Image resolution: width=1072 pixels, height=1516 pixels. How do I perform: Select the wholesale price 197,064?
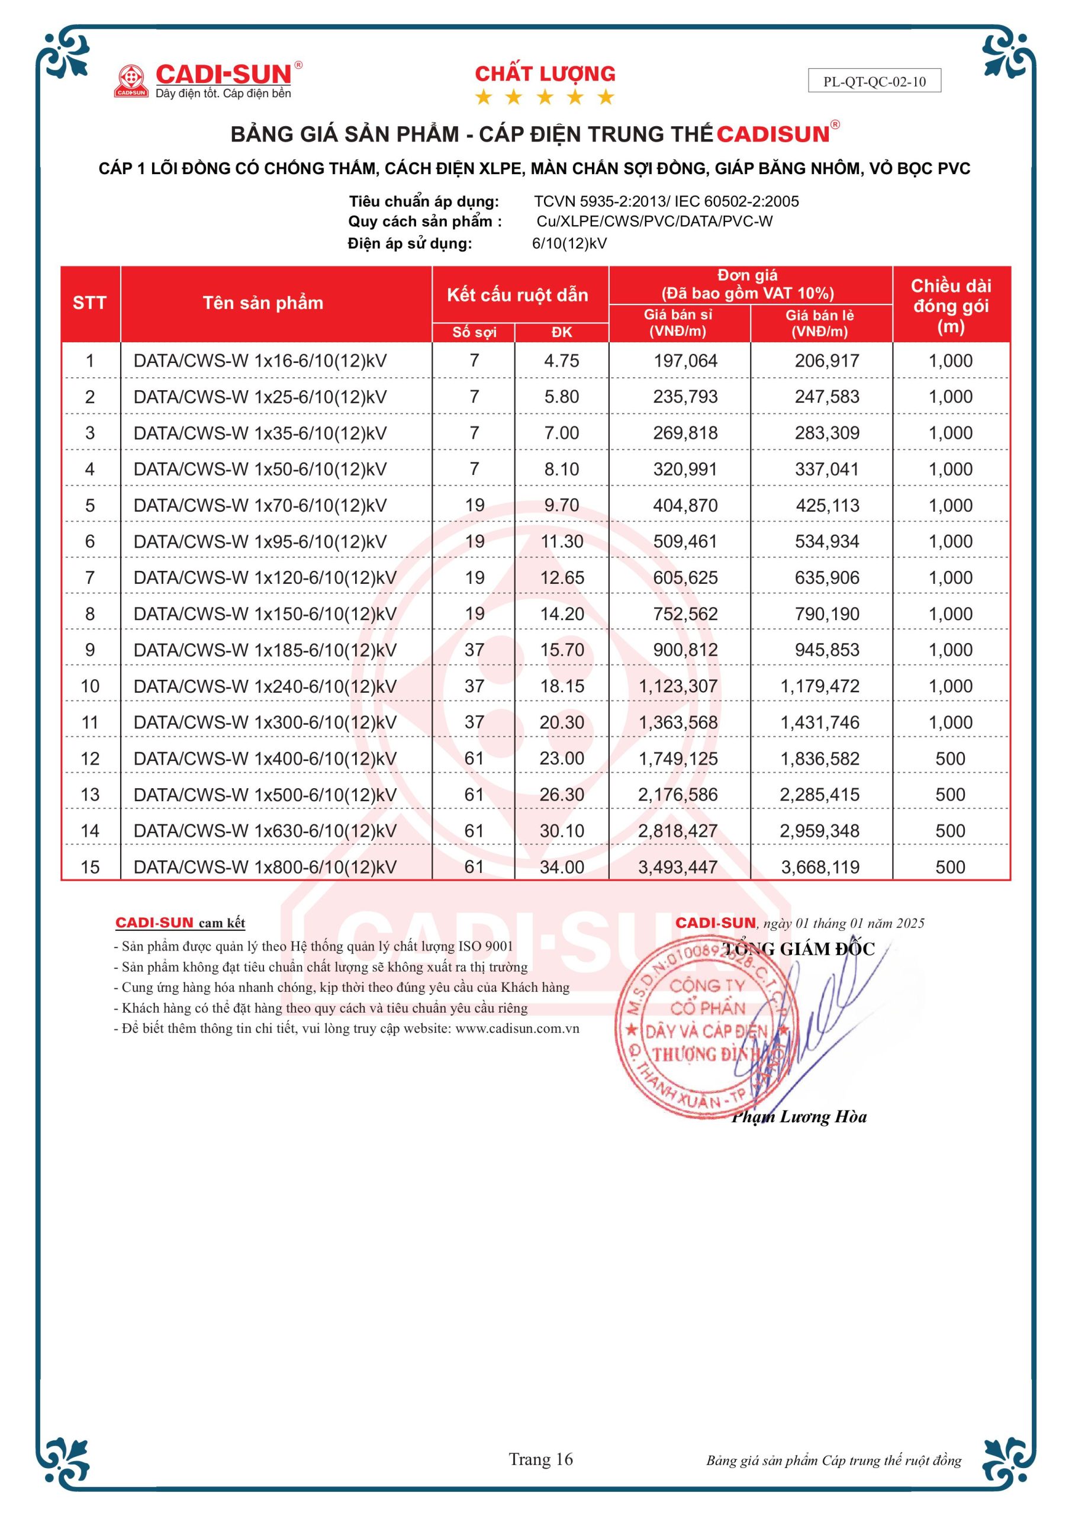pyautogui.click(x=685, y=361)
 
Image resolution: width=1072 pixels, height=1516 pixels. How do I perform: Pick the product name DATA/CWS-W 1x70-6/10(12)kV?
pyautogui.click(x=260, y=505)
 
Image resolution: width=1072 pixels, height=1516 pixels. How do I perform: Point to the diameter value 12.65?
pyautogui.click(x=562, y=578)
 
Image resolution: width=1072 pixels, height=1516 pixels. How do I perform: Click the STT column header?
pyautogui.click(x=90, y=303)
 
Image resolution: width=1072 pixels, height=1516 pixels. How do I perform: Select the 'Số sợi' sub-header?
pyautogui.click(x=474, y=332)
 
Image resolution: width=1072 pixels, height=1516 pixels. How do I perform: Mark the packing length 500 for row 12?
pyautogui.click(x=950, y=759)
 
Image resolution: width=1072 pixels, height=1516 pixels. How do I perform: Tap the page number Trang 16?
pyautogui.click(x=540, y=1459)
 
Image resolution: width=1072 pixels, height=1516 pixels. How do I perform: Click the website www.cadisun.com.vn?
pyautogui.click(x=517, y=1028)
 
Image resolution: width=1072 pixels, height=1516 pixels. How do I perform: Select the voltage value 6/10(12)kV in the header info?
pyautogui.click(x=569, y=243)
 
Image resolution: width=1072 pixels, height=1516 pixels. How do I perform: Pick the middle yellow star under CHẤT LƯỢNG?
pyautogui.click(x=545, y=98)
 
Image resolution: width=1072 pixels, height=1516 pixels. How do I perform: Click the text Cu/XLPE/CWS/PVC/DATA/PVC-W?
pyautogui.click(x=654, y=221)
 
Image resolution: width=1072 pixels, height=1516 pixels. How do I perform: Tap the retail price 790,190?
pyautogui.click(x=826, y=614)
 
